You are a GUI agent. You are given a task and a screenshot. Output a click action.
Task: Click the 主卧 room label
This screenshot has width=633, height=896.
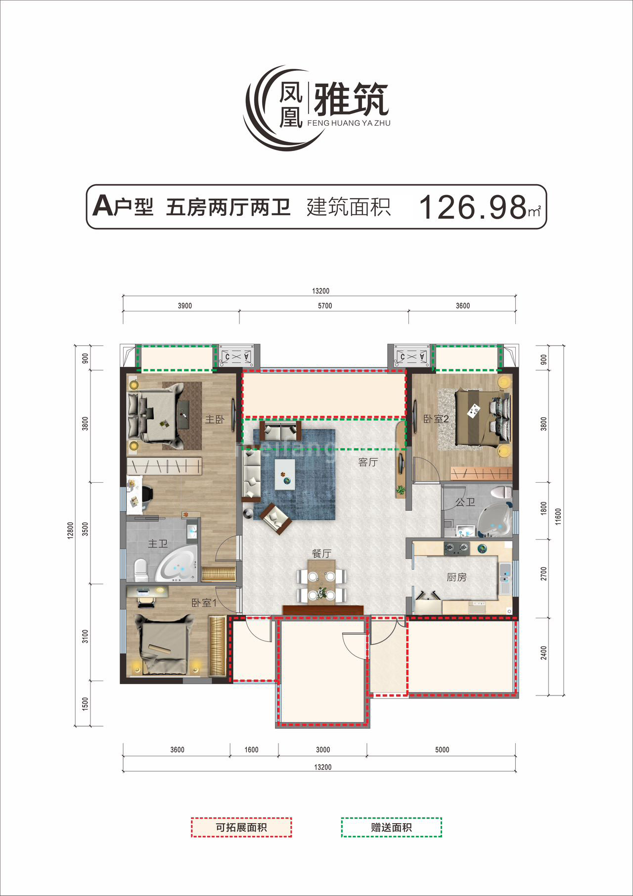click(x=214, y=419)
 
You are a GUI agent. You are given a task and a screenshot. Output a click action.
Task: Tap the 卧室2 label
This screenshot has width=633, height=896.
click(x=436, y=419)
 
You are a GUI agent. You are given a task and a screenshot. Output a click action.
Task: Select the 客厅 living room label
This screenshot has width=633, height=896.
click(x=368, y=462)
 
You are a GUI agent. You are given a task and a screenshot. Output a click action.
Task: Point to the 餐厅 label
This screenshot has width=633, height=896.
click(x=321, y=553)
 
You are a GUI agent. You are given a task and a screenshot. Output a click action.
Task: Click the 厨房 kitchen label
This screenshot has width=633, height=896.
click(x=456, y=577)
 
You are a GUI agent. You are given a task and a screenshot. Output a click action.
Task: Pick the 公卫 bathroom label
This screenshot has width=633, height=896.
click(x=465, y=502)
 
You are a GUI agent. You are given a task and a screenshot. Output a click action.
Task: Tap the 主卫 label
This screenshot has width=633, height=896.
click(x=158, y=544)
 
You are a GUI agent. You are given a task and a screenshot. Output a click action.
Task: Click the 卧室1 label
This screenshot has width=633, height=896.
click(x=204, y=603)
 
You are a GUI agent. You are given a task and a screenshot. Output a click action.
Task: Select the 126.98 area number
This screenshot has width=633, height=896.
click(x=473, y=207)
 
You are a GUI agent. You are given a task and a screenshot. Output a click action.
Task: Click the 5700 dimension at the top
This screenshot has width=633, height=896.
click(x=325, y=306)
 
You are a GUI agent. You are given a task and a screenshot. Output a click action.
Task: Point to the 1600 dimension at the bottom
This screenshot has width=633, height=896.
click(x=251, y=749)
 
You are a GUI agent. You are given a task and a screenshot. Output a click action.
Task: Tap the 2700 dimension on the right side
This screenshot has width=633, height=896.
click(x=544, y=574)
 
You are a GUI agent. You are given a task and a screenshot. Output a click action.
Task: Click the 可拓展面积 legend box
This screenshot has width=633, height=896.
click(x=241, y=827)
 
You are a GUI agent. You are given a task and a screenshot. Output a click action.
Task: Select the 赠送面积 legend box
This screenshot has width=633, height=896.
click(x=391, y=827)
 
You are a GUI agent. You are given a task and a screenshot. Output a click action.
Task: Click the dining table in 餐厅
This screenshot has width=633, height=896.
click(x=321, y=582)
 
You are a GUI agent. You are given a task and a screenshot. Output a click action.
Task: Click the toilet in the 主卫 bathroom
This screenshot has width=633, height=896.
click(x=141, y=570)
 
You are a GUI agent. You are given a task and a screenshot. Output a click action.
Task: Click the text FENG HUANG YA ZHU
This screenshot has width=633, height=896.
click(x=349, y=123)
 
